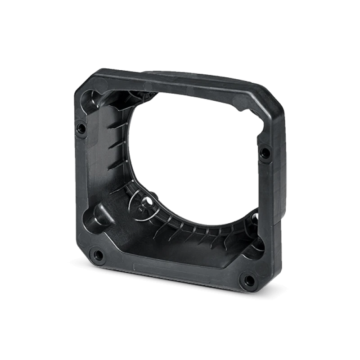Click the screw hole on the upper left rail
pos(81,127)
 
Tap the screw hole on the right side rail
pos(265,152)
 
